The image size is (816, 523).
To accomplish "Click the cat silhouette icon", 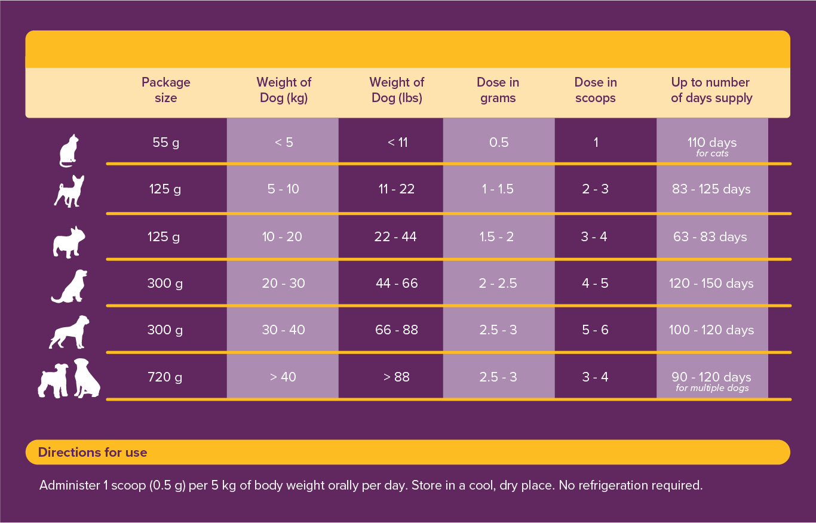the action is [x=69, y=151].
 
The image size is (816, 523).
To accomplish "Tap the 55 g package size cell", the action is [x=165, y=143].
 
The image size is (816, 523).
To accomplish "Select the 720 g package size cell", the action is [x=165, y=377].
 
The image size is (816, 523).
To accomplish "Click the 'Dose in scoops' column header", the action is [x=596, y=90].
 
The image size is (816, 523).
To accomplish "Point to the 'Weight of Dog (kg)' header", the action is [x=284, y=90].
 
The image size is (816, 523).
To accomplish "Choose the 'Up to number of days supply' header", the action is [x=711, y=90].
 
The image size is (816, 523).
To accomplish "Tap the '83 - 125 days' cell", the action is [x=711, y=189].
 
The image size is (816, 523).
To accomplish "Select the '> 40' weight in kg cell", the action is [x=283, y=377].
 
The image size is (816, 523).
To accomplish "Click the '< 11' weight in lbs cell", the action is [x=397, y=143].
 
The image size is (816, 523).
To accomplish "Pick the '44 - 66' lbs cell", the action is [x=397, y=284].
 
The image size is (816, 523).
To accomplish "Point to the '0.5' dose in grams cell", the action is [x=499, y=143].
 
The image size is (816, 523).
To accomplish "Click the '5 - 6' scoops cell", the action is [x=595, y=330].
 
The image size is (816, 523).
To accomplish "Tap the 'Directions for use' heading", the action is [x=93, y=453].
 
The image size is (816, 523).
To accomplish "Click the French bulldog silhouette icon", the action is [x=69, y=242].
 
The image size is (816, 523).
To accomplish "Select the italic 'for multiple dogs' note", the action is [x=712, y=388].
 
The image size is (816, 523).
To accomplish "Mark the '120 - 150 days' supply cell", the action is [x=711, y=284].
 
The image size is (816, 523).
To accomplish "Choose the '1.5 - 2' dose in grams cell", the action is [x=496, y=237].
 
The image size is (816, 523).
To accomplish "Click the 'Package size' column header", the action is [x=165, y=90].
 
